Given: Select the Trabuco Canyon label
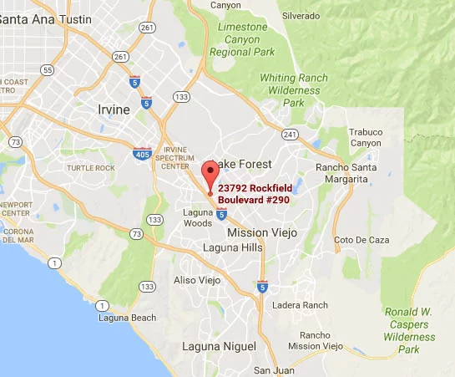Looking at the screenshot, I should coord(366,137).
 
